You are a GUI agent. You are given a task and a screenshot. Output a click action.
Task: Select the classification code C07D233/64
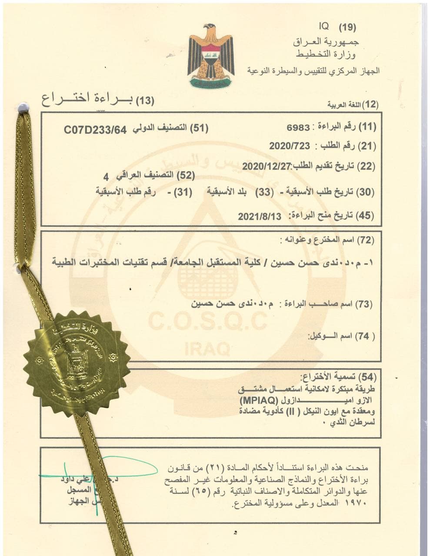coord(95,129)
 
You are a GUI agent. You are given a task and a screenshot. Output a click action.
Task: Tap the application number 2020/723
coord(289,146)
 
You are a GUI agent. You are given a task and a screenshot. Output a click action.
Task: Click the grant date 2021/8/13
coord(260,216)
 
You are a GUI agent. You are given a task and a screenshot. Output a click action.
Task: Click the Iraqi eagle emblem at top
coord(211,56)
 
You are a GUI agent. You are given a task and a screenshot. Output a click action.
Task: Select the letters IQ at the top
coord(324,26)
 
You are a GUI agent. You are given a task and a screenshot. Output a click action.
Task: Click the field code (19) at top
coord(347,27)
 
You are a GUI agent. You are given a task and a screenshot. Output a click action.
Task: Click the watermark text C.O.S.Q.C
coord(208,322)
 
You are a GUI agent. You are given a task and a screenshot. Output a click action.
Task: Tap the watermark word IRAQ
coord(207,348)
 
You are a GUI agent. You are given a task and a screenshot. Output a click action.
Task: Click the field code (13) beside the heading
coord(145,101)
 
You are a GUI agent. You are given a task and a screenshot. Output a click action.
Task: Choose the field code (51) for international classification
coord(200,128)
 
